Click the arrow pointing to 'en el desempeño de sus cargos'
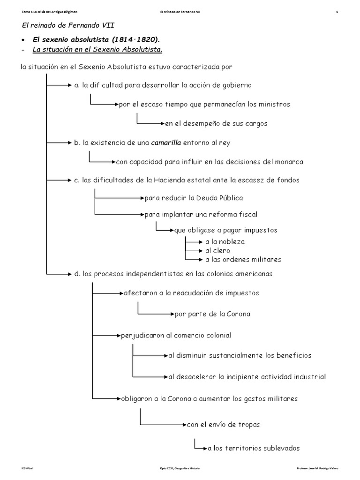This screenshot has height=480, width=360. point(151,124)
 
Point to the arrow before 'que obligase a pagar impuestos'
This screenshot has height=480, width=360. point(165,230)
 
